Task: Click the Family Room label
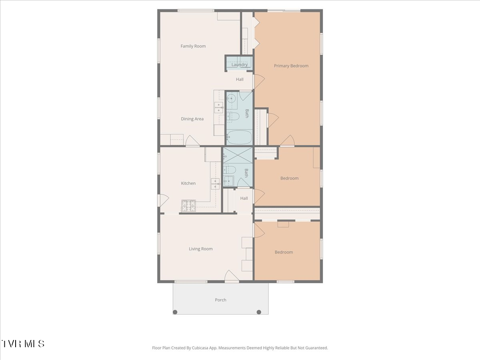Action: click(x=193, y=46)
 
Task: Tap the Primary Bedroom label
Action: click(x=291, y=66)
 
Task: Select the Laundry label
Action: click(x=240, y=65)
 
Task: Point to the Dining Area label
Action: click(x=192, y=119)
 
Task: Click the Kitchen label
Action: click(x=188, y=183)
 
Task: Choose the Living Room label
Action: click(x=201, y=249)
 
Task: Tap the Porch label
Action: click(x=220, y=300)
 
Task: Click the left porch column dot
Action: click(x=175, y=312)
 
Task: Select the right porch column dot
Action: click(x=259, y=312)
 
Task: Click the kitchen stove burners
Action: click(x=188, y=206)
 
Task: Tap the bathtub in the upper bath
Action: click(x=239, y=137)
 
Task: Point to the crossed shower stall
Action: click(x=238, y=155)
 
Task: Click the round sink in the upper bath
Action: click(x=231, y=99)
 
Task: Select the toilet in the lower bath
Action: click(x=229, y=170)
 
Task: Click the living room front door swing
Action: click(x=232, y=276)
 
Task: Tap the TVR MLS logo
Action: click(x=23, y=344)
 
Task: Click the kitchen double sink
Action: click(x=215, y=184)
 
